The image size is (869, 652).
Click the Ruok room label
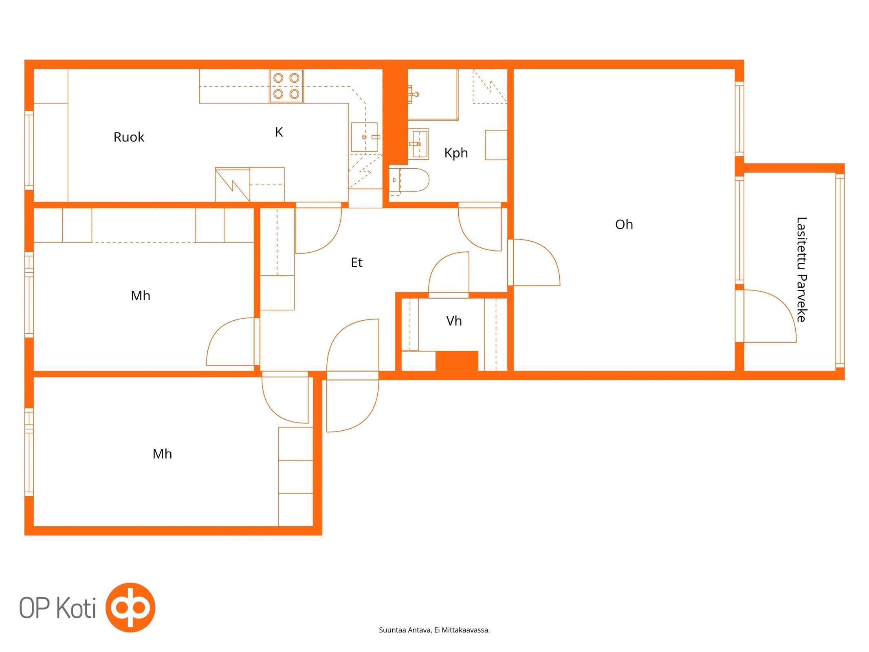(129, 137)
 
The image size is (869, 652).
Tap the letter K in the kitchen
(279, 132)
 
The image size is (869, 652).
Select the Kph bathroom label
(456, 153)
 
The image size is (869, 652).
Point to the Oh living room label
(624, 225)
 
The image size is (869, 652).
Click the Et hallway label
(356, 262)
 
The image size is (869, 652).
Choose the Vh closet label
(454, 321)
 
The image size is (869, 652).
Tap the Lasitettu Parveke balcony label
(801, 269)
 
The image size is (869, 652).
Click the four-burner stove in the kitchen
(286, 86)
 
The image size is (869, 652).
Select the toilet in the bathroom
(409, 180)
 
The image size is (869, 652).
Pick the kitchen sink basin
(364, 137)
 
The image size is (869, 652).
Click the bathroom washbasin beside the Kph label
(419, 144)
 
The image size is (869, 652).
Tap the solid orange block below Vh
(457, 361)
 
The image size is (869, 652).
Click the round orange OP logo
(130, 608)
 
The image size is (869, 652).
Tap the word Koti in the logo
(76, 608)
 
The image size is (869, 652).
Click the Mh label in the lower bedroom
(162, 454)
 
